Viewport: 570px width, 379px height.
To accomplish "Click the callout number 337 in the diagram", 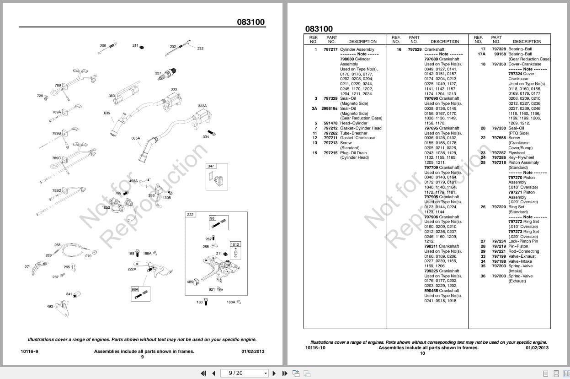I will pos(158,73).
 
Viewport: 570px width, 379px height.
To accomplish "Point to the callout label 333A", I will pos(202,106).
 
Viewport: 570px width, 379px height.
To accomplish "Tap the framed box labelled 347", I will pos(211,166).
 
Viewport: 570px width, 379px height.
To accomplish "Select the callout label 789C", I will pos(56,158).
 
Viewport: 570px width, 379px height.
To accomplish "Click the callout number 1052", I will pos(106,207).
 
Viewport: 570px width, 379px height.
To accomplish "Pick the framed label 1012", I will pos(234,244).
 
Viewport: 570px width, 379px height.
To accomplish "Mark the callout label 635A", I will pos(136,138).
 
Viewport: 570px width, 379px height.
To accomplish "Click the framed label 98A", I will pos(135,289).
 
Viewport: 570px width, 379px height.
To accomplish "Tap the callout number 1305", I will pos(167,198).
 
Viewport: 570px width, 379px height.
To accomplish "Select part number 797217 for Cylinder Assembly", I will pos(330,49).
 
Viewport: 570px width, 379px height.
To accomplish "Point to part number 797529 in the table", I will pos(415,49).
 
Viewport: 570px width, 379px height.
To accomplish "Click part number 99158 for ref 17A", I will pos(500,54).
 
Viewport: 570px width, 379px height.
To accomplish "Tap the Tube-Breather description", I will pos(353,133).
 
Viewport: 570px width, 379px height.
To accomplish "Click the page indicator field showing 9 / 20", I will pos(245,373).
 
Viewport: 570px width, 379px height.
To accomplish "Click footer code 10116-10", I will pos(315,348).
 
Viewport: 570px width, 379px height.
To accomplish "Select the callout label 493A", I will pos(133,181).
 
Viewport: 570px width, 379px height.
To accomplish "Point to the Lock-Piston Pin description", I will pos(523,241).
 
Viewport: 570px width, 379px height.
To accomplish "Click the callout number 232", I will pos(200,49).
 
